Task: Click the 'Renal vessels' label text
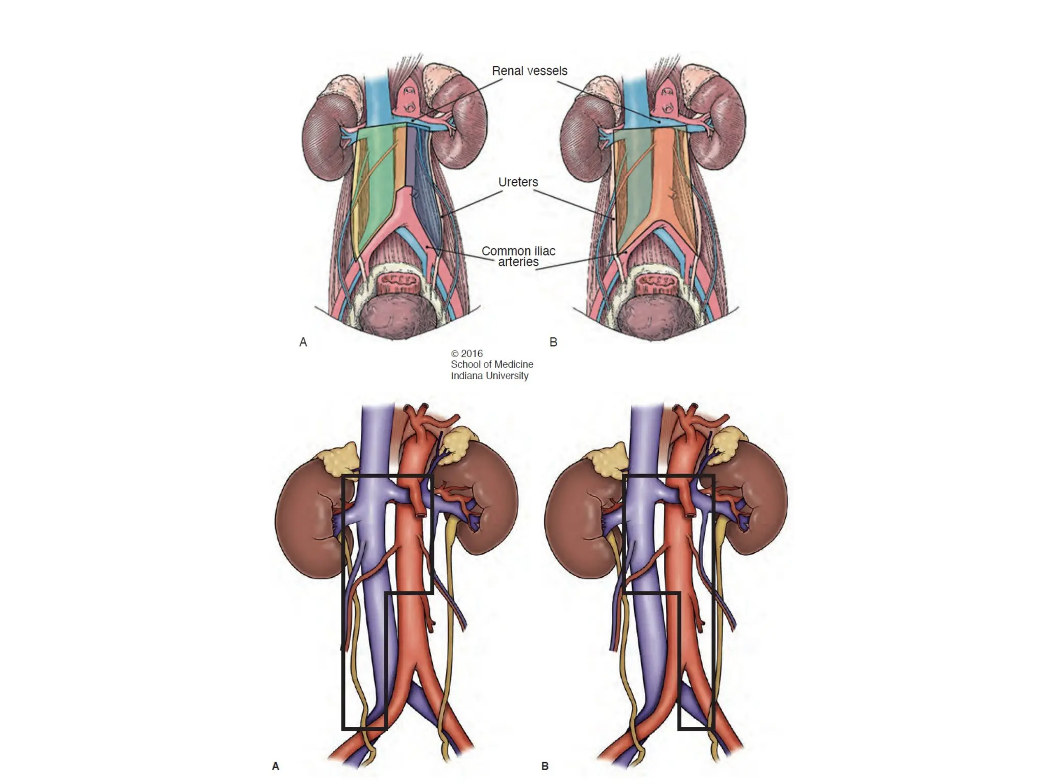tap(529, 71)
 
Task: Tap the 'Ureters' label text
tap(518, 182)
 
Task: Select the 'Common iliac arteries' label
tap(518, 256)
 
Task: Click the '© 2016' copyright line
tap(466, 353)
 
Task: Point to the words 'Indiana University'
tap(489, 376)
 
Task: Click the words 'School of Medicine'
tap(491, 364)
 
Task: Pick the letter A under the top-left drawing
tap(303, 342)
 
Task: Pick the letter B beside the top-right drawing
tap(553, 342)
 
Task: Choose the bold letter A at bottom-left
tap(276, 766)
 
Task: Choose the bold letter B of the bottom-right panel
tap(545, 766)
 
